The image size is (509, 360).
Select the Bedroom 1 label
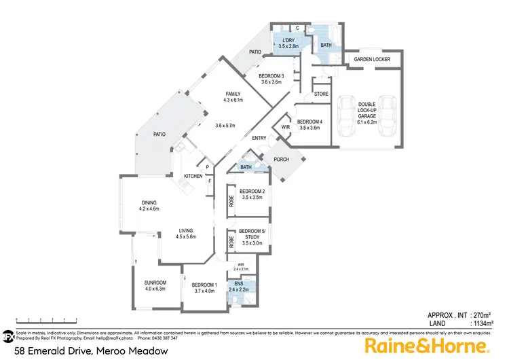pyautogui.click(x=204, y=285)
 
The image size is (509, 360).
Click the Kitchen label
pyautogui.click(x=193, y=177)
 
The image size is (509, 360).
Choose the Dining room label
pyautogui.click(x=149, y=202)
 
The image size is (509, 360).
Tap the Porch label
pyautogui.click(x=281, y=160)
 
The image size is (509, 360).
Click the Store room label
pyautogui.click(x=321, y=94)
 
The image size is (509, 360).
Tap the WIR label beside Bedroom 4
pyautogui.click(x=285, y=126)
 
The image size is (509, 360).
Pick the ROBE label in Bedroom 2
pyautogui.click(x=231, y=200)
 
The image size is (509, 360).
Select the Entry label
pyautogui.click(x=259, y=139)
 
